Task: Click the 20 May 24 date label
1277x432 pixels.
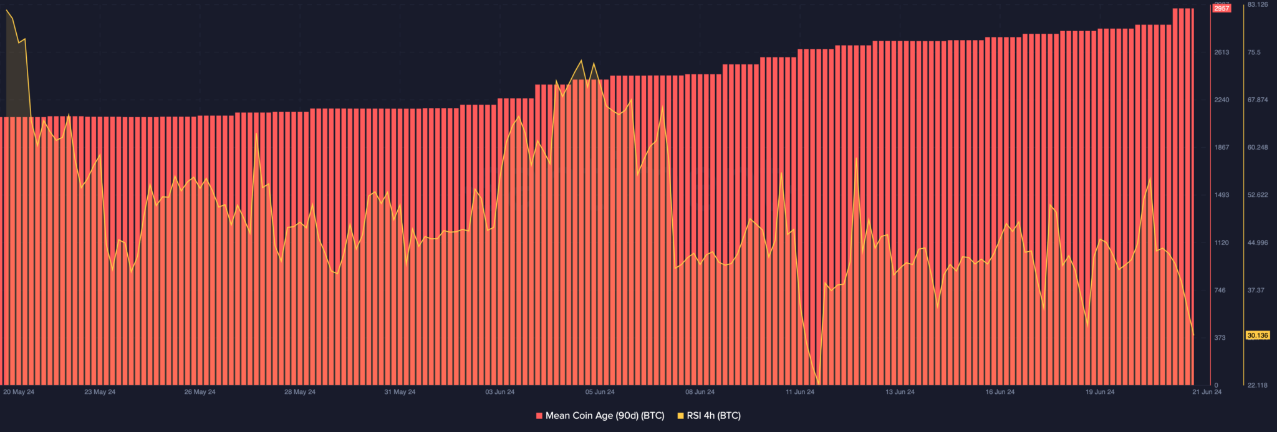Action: pyautogui.click(x=19, y=392)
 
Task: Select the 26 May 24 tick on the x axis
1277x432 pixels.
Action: pyautogui.click(x=200, y=392)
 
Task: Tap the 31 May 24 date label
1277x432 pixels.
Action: pyautogui.click(x=400, y=392)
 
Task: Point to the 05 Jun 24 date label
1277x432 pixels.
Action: pyautogui.click(x=600, y=392)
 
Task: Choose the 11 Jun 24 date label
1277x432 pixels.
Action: pyautogui.click(x=800, y=392)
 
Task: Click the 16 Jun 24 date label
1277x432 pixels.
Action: pyautogui.click(x=1000, y=392)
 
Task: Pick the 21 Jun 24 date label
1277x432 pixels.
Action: pyautogui.click(x=1207, y=392)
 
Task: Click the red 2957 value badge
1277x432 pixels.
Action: pyautogui.click(x=1222, y=8)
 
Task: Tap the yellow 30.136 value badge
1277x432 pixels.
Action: pyautogui.click(x=1257, y=335)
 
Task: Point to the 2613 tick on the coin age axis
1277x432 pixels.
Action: pyautogui.click(x=1222, y=52)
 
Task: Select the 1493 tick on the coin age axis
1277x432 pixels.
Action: pyautogui.click(x=1222, y=195)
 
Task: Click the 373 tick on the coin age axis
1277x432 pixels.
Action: pyautogui.click(x=1220, y=338)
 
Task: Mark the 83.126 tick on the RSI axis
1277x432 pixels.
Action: pyautogui.click(x=1258, y=5)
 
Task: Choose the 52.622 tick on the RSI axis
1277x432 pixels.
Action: pyautogui.click(x=1258, y=195)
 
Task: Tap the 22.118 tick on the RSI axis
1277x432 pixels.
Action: pyautogui.click(x=1258, y=385)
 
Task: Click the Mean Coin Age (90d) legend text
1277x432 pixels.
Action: pyautogui.click(x=605, y=416)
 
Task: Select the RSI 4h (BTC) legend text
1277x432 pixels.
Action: pyautogui.click(x=713, y=416)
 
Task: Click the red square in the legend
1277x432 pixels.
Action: pyautogui.click(x=539, y=416)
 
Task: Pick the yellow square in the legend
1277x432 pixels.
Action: pyautogui.click(x=680, y=416)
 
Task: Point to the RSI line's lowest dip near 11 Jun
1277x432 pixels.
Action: pyautogui.click(x=817, y=383)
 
